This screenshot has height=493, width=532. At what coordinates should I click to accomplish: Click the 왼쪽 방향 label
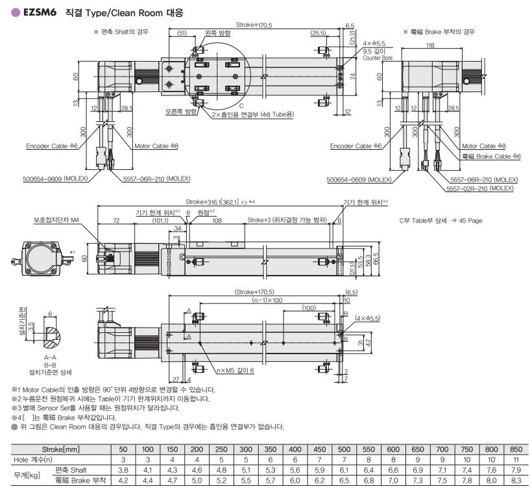217,32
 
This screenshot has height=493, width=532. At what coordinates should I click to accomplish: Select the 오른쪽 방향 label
182,112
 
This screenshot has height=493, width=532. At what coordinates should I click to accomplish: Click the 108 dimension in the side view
217,220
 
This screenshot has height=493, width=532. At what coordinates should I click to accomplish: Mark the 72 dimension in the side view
116,220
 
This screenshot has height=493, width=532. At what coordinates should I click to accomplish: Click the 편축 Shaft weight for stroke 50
123,470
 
